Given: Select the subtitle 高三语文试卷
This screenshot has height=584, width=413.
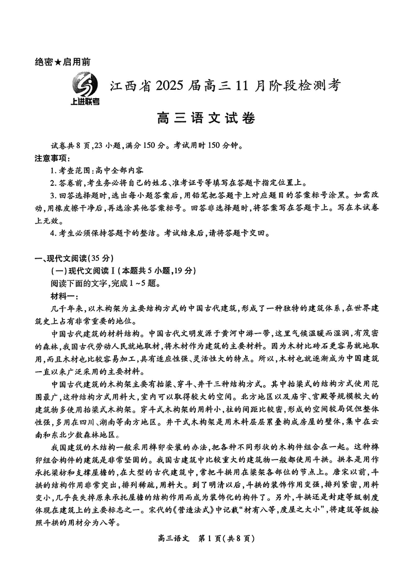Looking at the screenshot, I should point(206,119).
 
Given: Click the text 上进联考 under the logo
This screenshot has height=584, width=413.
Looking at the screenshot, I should point(85,101).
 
